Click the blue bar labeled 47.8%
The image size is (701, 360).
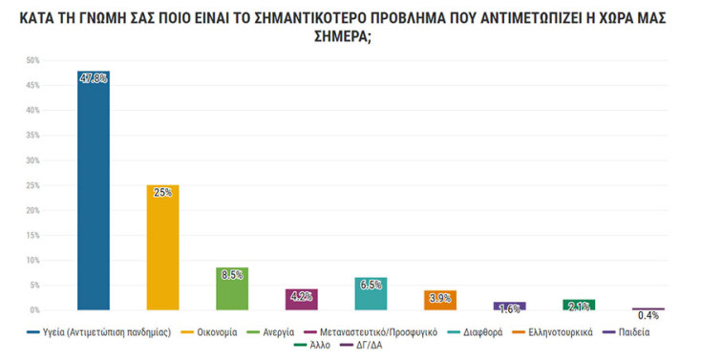point(94,191)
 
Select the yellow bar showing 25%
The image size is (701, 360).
point(162,248)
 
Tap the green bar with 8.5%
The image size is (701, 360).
point(232,289)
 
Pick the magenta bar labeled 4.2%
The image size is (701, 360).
point(301,300)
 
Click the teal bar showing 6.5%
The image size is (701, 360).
point(371,294)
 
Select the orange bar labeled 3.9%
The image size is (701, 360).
point(440,301)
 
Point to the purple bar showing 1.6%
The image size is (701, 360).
point(509,307)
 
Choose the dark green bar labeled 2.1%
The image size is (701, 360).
point(578,305)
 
